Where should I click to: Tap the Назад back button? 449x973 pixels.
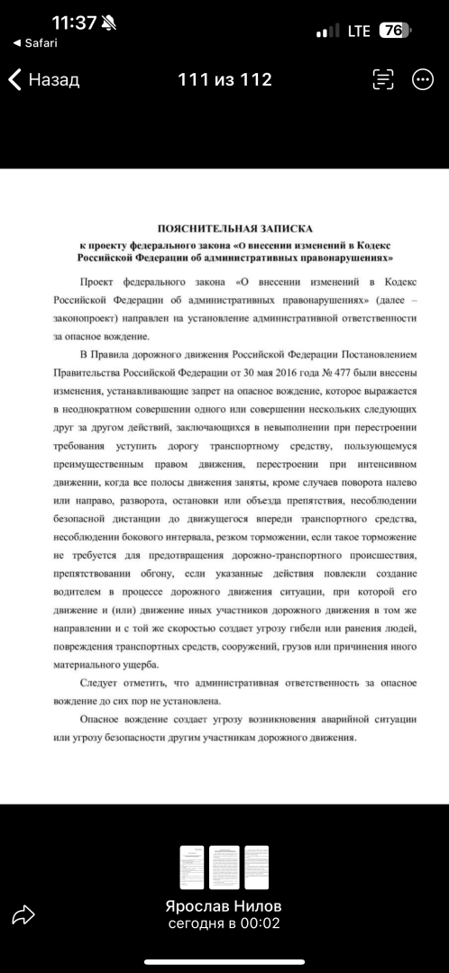point(44,80)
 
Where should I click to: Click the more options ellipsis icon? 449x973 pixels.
point(423,80)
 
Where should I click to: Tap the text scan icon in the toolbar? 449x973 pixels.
point(383,80)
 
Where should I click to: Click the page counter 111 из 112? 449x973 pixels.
point(224,80)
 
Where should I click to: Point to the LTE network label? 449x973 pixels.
point(359,31)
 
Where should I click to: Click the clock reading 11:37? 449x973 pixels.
point(74,23)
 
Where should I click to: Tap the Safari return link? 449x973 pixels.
point(35,43)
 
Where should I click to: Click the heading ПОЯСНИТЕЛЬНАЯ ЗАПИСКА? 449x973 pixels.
point(234,229)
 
